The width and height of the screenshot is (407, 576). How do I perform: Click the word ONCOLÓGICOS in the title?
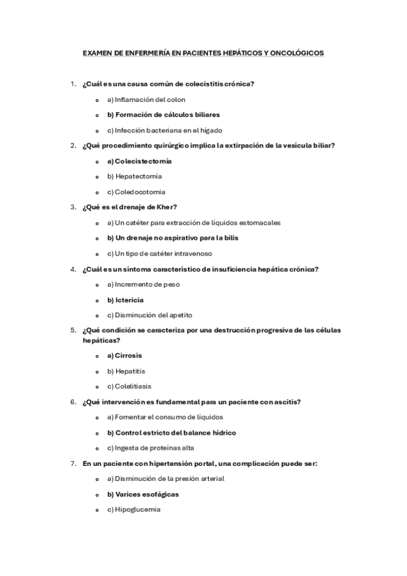pyautogui.click(x=296, y=52)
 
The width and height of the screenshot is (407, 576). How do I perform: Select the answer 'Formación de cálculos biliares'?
pyautogui.click(x=163, y=115)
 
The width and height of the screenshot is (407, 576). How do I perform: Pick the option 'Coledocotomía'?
pyautogui.click(x=140, y=192)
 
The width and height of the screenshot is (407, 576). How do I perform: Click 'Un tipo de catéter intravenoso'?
pyautogui.click(x=160, y=253)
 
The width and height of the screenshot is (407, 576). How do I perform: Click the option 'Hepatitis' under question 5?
pyautogui.click(x=130, y=371)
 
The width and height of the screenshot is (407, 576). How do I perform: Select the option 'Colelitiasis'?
pyautogui.click(x=133, y=386)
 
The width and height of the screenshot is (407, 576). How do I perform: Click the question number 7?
pyautogui.click(x=73, y=463)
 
